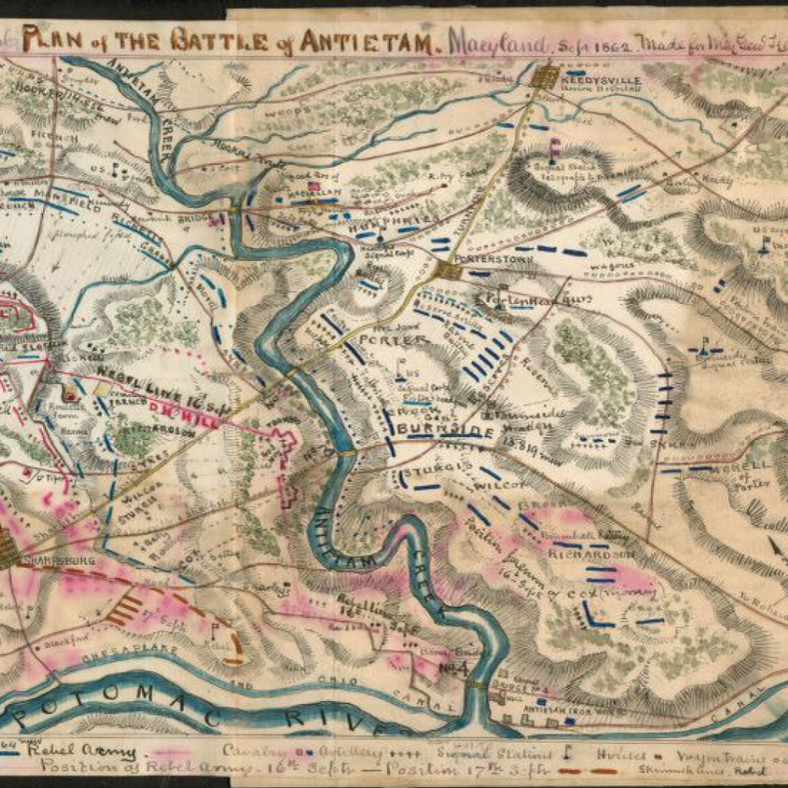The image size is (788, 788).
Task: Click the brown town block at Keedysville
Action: click(548, 76)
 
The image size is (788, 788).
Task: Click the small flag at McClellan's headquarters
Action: click(313, 187)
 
